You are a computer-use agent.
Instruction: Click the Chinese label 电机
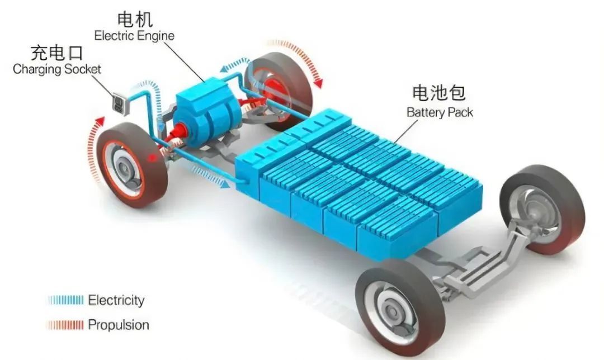point(135,20)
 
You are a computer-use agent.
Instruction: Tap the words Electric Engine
point(134,36)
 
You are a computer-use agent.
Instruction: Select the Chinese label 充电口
point(56,53)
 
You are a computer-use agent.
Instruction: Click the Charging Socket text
point(56,69)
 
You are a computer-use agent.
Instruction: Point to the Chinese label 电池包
point(439,93)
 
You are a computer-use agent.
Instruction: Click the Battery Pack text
point(440,112)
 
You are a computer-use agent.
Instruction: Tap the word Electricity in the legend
point(116,300)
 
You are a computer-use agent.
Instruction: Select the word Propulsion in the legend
point(118,325)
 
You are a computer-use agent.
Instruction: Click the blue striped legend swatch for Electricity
point(65,300)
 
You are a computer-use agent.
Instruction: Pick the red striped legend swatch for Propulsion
point(65,325)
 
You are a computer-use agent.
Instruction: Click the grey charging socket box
point(120,103)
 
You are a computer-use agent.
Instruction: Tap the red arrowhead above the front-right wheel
point(318,82)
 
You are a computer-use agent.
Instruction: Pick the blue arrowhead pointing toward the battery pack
point(226,184)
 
